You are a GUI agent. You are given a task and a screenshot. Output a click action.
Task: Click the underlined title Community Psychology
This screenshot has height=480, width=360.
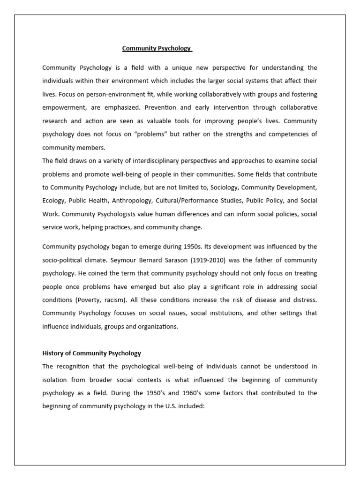coord(157,48)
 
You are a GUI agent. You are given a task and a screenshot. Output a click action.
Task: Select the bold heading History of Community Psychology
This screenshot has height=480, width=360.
coord(91,353)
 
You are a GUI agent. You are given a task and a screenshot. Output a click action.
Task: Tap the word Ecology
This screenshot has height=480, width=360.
coord(53,201)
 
